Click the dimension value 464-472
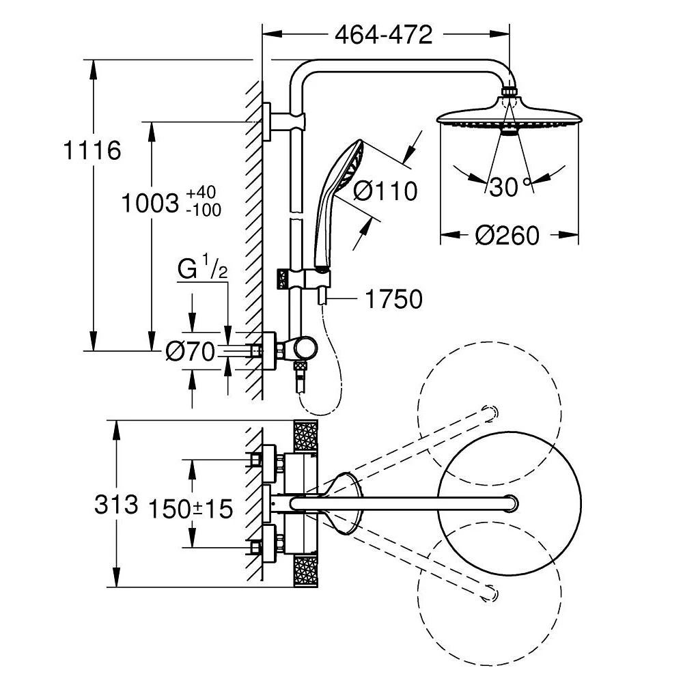click(384, 35)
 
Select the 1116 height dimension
click(92, 150)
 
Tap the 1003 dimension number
click(149, 204)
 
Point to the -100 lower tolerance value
click(203, 210)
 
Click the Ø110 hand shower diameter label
click(385, 192)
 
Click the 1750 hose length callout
click(393, 298)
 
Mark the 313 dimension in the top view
click(117, 505)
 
